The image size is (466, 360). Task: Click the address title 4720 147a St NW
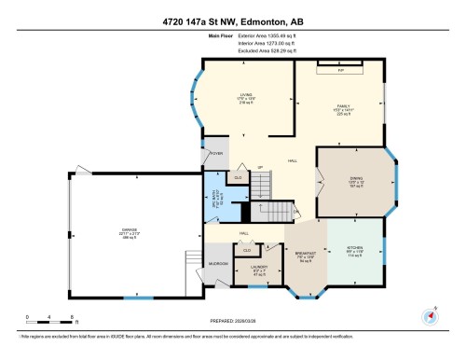(233, 21)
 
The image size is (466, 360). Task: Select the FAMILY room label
(341, 107)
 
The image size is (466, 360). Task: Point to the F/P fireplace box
(341, 69)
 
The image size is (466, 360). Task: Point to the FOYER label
(216, 153)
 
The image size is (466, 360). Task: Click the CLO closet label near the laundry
(247, 250)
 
